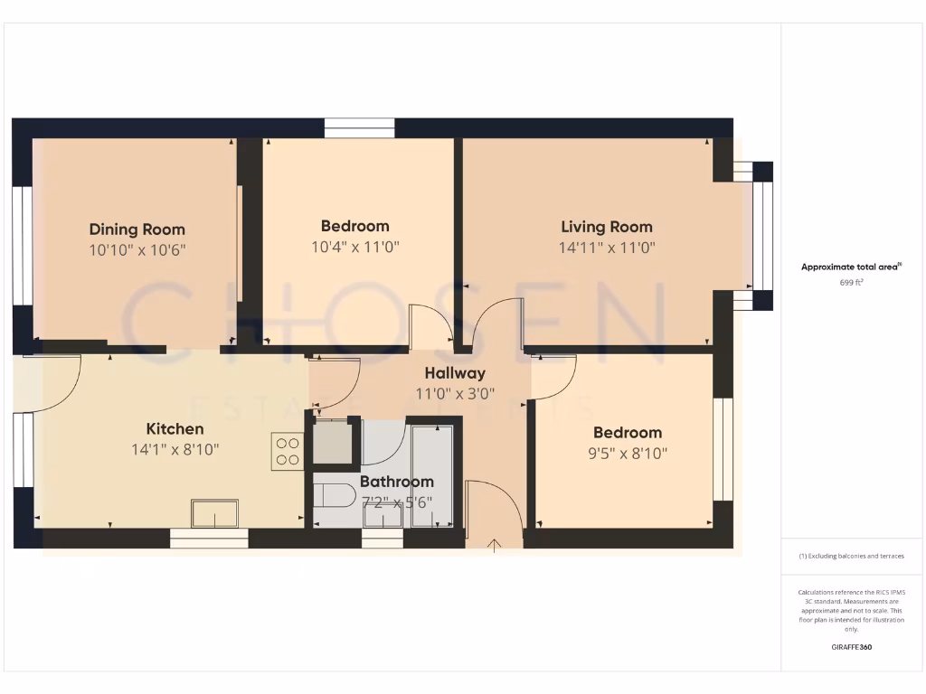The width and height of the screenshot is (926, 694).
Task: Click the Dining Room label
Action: click(x=137, y=230)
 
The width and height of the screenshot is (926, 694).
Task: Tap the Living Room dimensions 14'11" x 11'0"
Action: click(x=606, y=247)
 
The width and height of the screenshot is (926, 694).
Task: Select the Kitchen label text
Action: click(x=175, y=429)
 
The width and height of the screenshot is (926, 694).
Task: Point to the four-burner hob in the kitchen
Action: click(x=287, y=451)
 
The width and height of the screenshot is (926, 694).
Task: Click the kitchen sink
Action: click(x=214, y=513)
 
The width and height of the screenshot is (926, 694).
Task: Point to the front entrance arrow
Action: click(x=495, y=544)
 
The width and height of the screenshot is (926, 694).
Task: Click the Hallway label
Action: click(x=456, y=373)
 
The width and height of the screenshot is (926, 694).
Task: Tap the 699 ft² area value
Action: click(x=852, y=283)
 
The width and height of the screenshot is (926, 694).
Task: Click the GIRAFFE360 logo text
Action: click(x=852, y=647)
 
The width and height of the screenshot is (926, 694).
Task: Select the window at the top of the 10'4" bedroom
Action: click(x=359, y=128)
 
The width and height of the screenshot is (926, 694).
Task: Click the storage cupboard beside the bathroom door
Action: click(x=332, y=442)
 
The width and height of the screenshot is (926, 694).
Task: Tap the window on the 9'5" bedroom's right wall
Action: click(x=722, y=449)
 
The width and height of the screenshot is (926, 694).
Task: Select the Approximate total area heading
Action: click(x=852, y=267)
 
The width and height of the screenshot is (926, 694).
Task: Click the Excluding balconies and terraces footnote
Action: click(x=852, y=556)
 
